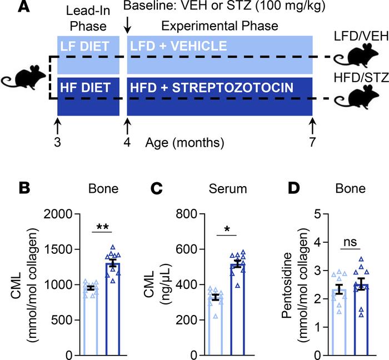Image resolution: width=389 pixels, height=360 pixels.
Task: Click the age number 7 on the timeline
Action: click(x=312, y=142)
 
